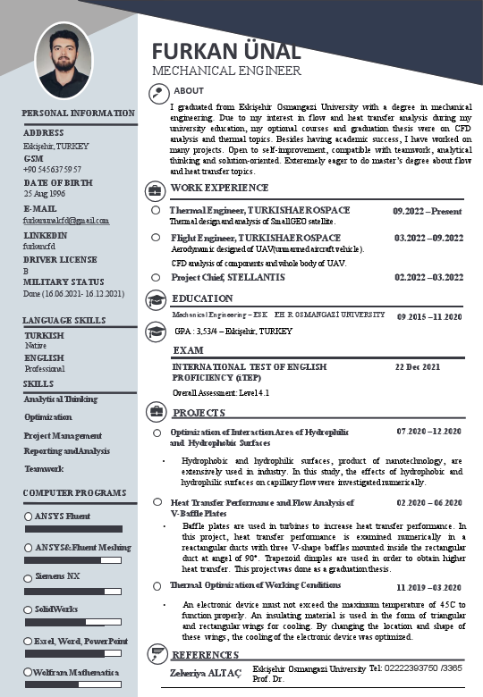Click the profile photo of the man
click(65, 60)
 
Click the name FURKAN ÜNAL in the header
click(225, 51)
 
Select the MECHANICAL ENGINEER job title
click(226, 71)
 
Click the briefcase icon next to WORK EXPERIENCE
click(156, 190)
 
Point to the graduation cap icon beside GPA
click(156, 330)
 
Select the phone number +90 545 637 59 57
click(52, 169)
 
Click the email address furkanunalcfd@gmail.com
click(65, 220)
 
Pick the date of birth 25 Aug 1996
click(44, 194)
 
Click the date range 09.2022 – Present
click(428, 211)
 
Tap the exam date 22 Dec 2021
click(418, 366)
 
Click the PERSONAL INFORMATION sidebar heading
click(79, 113)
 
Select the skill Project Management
click(63, 435)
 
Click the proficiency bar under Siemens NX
click(74, 592)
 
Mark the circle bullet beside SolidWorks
click(29, 609)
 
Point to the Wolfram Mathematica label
click(77, 671)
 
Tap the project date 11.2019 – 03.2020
click(428, 587)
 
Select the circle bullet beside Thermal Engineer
click(157, 211)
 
